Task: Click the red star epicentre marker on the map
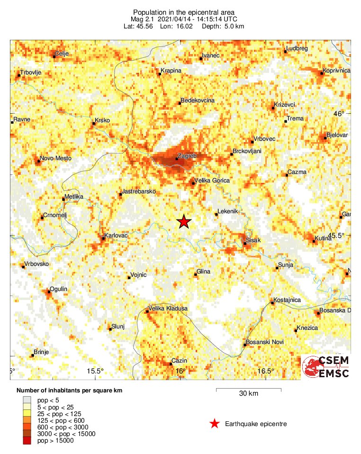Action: (x=184, y=221)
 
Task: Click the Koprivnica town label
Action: (x=336, y=71)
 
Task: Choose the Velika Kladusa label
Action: (x=168, y=309)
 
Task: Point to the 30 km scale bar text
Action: (x=248, y=394)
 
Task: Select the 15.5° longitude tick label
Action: (x=96, y=371)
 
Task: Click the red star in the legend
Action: (x=215, y=424)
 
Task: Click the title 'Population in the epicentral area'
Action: (x=183, y=12)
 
